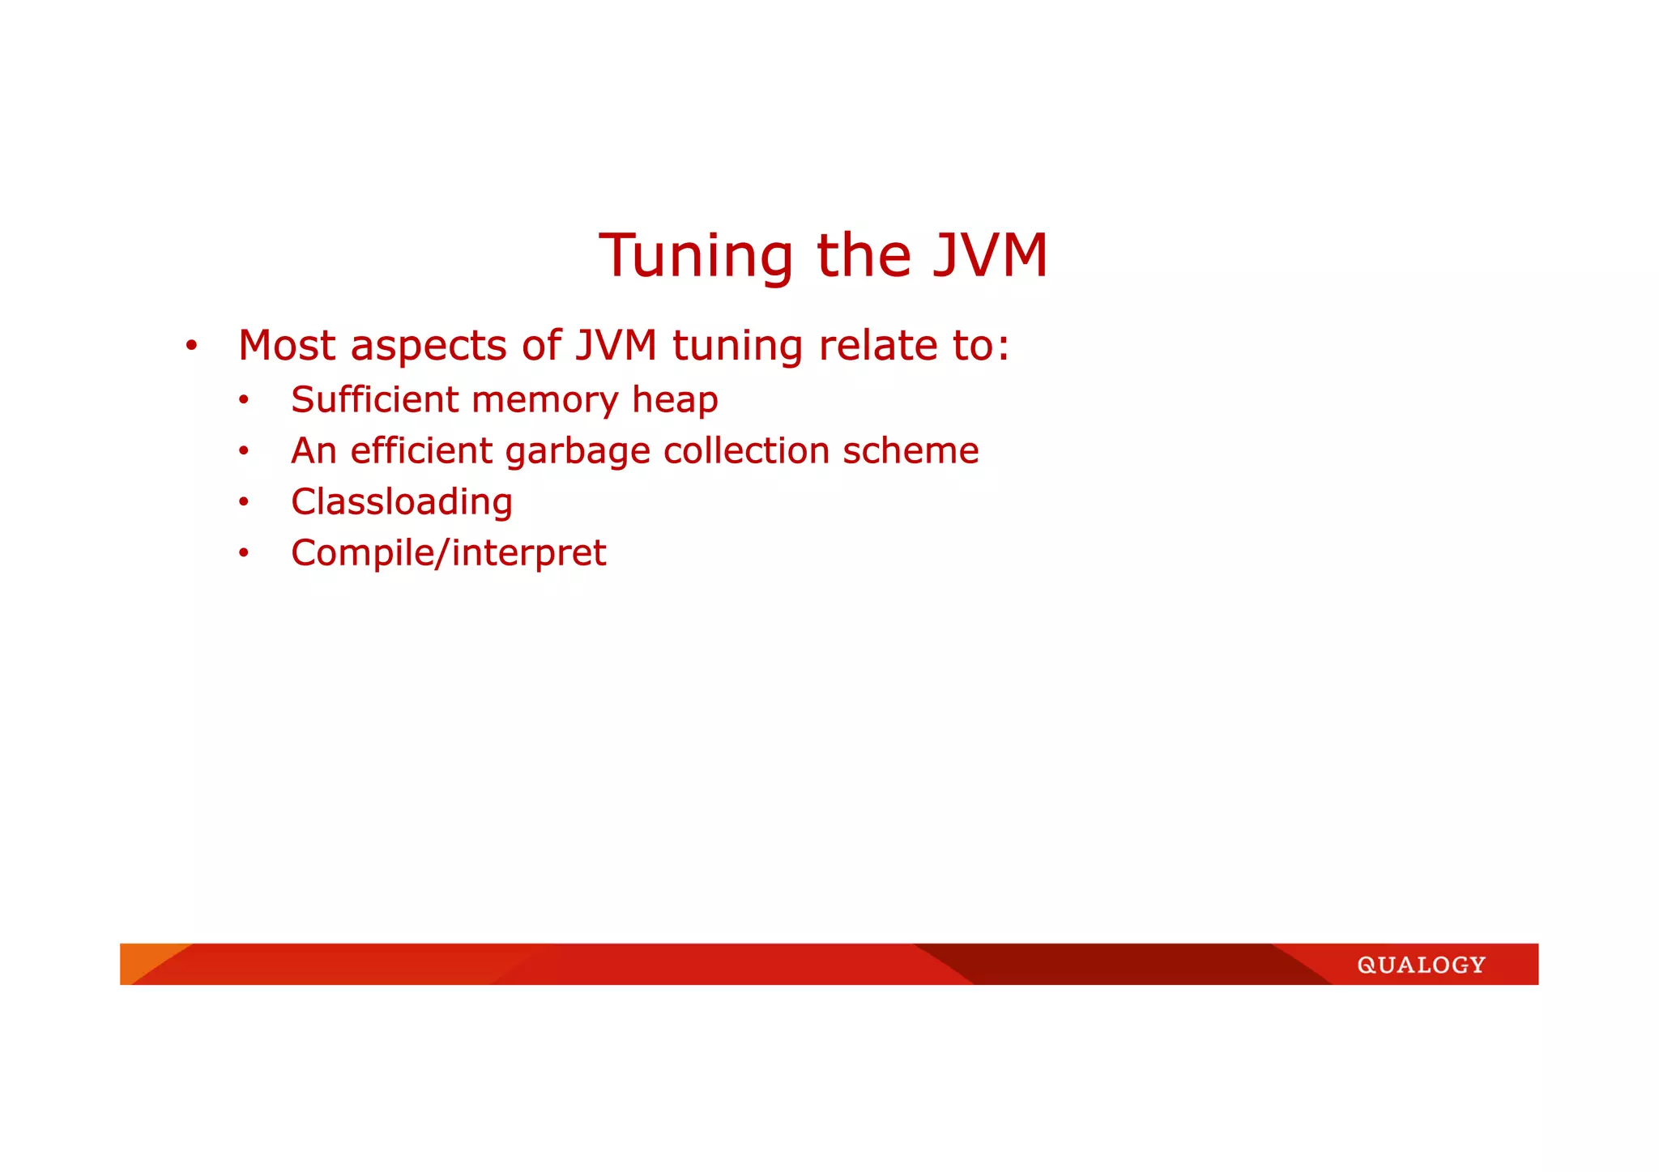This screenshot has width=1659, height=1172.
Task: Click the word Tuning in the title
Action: click(695, 256)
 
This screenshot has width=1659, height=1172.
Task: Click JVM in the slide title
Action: click(990, 256)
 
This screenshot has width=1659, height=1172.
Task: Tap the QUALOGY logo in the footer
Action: click(1421, 965)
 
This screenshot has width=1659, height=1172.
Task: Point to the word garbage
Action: click(578, 452)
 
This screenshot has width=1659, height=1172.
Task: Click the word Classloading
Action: click(402, 502)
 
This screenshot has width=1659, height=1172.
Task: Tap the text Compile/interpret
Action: click(448, 554)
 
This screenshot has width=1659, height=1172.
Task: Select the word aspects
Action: click(429, 347)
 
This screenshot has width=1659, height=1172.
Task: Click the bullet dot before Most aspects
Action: click(191, 347)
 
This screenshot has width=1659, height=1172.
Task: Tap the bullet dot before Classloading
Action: click(244, 502)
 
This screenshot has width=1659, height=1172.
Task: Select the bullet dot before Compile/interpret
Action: click(244, 553)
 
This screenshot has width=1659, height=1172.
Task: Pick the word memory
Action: click(544, 401)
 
